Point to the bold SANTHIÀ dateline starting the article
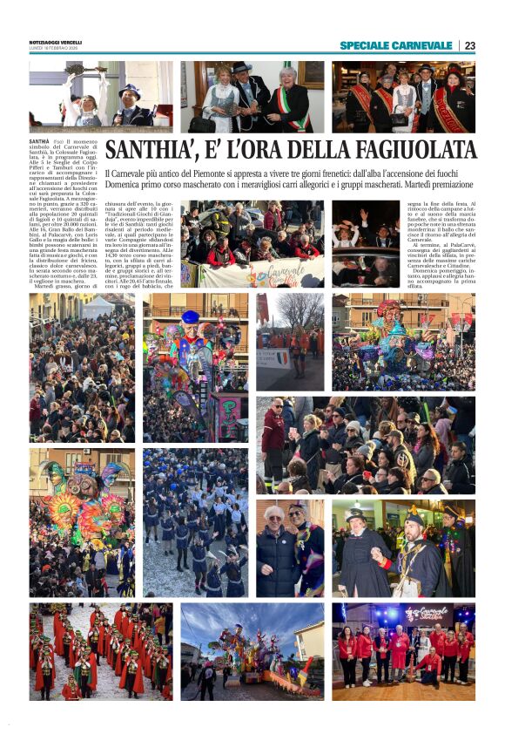coord(39,140)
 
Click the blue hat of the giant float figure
coord(190,316)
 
